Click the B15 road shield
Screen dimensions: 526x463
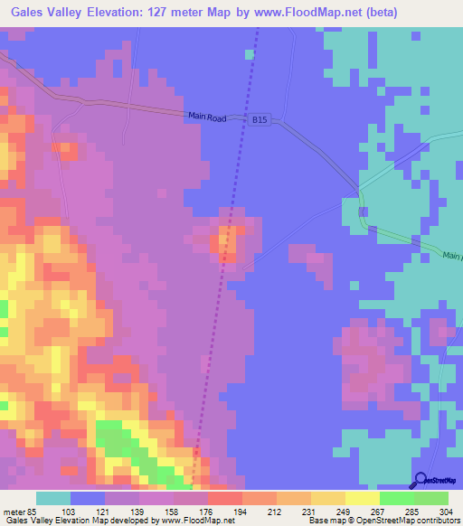[260, 118]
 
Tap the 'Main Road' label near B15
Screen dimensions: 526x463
[207, 116]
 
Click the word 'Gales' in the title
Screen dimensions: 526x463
[33, 14]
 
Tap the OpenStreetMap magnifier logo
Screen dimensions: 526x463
[422, 479]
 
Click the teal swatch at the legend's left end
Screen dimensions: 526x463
[52, 497]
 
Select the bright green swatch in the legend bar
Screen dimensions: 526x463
[396, 497]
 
